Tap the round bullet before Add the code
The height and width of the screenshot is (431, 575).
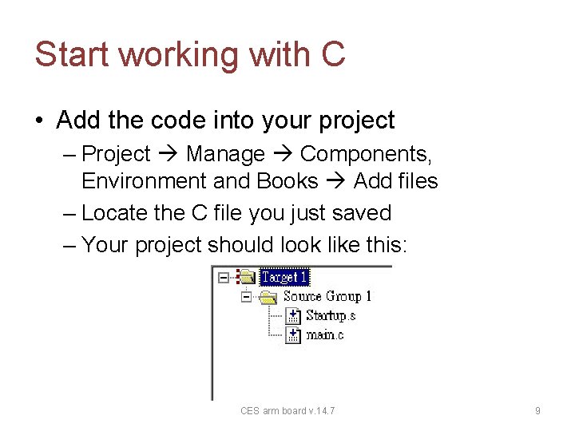39,121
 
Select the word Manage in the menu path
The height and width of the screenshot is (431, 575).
225,154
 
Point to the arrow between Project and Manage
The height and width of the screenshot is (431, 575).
168,154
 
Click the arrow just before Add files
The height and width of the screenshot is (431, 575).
335,181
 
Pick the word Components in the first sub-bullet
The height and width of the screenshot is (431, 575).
366,154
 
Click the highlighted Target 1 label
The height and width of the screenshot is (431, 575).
284,277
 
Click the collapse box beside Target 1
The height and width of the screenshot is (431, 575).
224,277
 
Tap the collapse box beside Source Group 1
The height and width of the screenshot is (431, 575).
246,296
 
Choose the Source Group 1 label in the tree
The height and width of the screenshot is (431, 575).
327,296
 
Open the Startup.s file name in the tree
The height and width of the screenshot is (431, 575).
330,315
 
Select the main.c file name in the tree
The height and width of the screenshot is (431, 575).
324,334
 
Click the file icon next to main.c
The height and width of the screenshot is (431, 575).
293,334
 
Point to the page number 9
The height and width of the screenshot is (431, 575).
537,411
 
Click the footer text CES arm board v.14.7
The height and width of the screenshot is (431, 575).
287,411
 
